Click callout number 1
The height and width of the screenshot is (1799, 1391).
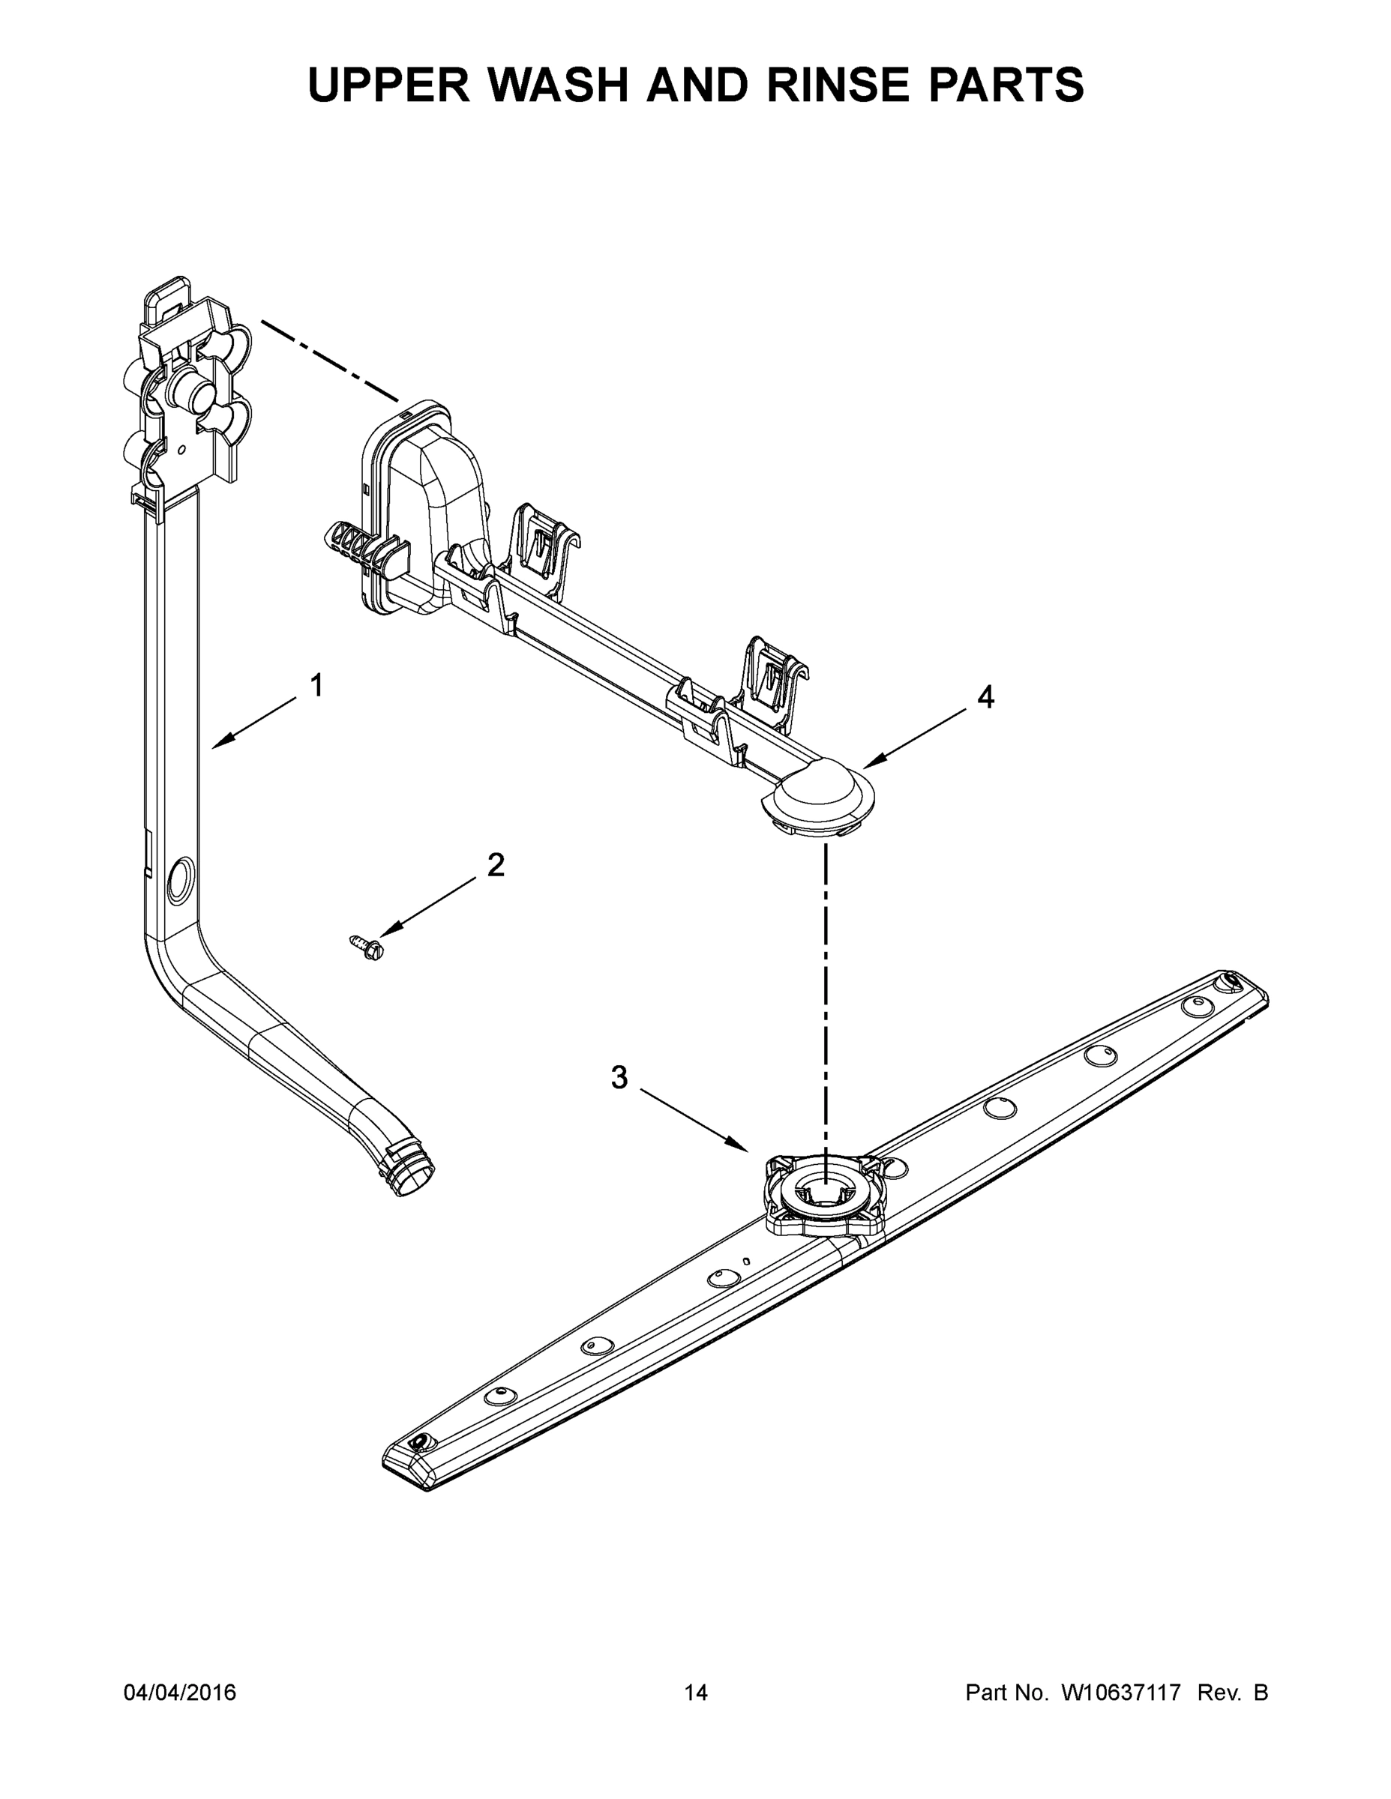coord(316,685)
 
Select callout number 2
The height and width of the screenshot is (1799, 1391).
coord(495,865)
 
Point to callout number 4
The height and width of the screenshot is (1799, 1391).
coord(985,698)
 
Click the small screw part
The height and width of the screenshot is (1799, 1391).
coord(367,947)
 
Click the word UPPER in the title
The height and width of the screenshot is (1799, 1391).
coord(389,84)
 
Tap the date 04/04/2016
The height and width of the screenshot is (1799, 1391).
coord(180,1693)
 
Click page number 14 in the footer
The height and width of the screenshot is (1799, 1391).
coord(696,1693)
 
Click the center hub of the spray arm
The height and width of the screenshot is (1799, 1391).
coord(824,1194)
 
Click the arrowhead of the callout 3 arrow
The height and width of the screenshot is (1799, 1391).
coord(742,1148)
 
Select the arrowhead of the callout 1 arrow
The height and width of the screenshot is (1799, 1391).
coord(217,746)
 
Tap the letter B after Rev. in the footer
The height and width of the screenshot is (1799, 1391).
coord(1260,1693)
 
